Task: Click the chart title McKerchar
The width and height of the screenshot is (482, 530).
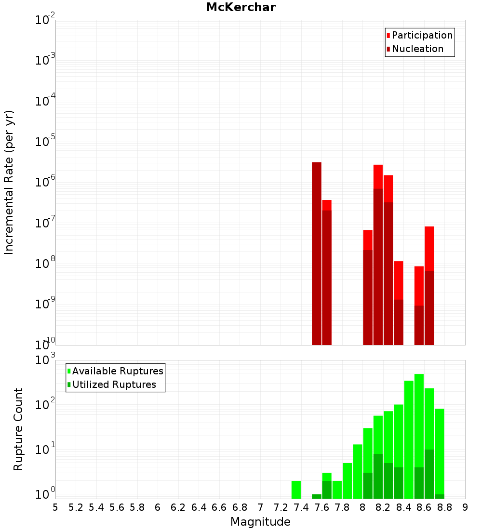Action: tap(241, 7)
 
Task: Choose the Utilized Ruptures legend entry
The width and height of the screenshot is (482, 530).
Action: tap(114, 384)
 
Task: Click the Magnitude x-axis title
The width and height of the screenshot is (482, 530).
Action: tap(260, 522)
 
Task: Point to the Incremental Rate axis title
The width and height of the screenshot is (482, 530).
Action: tap(9, 183)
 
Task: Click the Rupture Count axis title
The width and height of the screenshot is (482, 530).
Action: tap(18, 429)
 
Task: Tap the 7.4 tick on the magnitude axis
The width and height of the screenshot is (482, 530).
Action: tap(301, 507)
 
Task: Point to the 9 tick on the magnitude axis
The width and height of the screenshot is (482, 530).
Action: tap(465, 507)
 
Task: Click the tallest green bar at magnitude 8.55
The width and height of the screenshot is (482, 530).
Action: tap(419, 434)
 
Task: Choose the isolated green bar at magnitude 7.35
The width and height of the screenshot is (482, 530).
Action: tap(296, 490)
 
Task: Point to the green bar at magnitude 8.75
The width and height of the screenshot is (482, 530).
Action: tap(440, 453)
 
